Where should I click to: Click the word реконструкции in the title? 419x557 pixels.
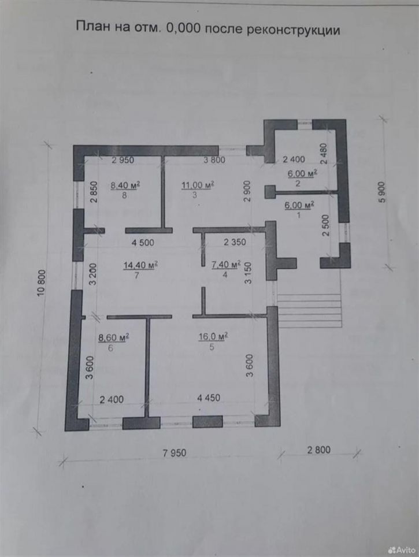coord(293,30)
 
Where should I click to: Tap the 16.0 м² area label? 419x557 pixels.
coord(213,336)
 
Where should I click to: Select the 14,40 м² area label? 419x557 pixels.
coord(141,265)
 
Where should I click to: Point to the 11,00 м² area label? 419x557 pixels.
coord(198,185)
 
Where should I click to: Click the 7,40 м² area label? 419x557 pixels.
coord(226,265)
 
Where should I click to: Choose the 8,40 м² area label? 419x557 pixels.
coord(125,185)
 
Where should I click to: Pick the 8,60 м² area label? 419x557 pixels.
coord(114,337)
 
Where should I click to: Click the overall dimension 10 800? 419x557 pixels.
coord(42,284)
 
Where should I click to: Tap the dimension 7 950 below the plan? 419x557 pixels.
coord(175,453)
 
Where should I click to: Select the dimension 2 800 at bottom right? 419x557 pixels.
coord(318,450)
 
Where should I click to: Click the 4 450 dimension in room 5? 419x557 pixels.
coord(209,398)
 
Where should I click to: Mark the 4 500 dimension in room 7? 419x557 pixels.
coord(143,243)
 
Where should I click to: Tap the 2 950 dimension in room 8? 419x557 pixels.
coord(123,160)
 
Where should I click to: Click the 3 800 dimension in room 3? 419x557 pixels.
coord(214,160)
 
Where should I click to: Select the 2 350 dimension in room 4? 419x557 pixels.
coord(235,242)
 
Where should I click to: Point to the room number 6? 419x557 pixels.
coord(110,348)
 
